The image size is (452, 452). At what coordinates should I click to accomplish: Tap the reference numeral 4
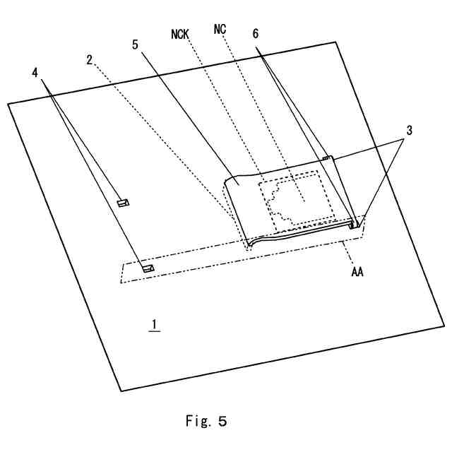[36, 72]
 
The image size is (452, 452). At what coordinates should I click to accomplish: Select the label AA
[357, 271]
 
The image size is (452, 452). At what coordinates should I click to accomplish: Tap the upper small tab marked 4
[122, 203]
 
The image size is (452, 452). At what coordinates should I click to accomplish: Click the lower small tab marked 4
[148, 268]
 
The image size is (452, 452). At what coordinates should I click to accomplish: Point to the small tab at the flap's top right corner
[326, 159]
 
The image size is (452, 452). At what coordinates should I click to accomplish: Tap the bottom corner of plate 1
[123, 390]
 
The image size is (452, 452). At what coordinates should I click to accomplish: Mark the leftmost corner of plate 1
[8, 105]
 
